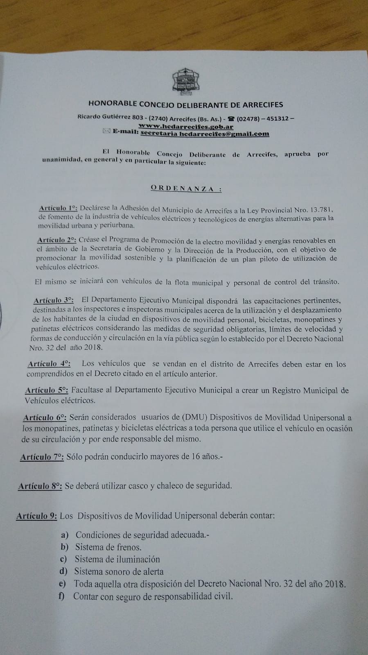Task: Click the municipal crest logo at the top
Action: [185, 80]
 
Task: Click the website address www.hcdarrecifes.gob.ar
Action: [186, 127]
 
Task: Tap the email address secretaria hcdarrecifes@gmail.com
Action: [205, 134]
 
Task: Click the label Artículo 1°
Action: [59, 208]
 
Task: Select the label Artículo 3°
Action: [54, 301]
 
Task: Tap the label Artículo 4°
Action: [49, 363]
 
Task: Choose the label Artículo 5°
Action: [47, 390]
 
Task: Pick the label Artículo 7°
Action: [42, 457]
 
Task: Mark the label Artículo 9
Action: [36, 516]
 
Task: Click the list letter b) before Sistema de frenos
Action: [65, 547]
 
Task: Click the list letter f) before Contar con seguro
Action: [62, 596]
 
